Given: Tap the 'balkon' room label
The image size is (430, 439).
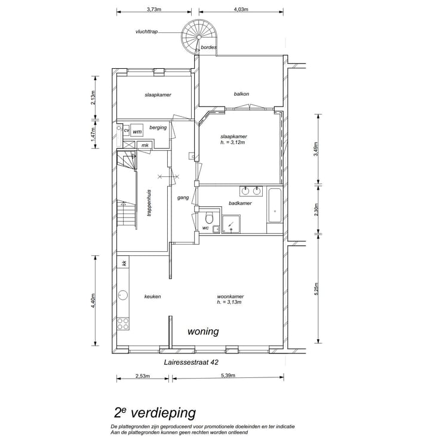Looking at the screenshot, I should (241, 94).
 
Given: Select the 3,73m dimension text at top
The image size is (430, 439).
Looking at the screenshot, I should (154, 9).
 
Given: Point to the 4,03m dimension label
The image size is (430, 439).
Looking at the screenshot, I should (240, 9).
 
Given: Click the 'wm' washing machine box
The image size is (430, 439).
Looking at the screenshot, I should (137, 131).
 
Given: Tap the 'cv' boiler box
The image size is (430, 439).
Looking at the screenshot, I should (127, 130).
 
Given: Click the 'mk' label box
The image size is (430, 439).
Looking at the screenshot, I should (145, 145).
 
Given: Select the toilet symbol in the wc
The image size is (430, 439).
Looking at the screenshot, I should (208, 216).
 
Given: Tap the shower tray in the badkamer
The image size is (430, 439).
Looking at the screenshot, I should (231, 225).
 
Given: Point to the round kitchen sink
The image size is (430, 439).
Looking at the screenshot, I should (124, 295).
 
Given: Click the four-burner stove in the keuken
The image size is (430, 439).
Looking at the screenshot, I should (123, 324).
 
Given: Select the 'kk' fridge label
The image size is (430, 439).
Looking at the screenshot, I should (124, 263).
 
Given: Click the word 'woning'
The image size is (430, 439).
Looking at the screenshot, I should (203, 332).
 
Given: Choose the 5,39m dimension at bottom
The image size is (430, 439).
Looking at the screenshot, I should (228, 376).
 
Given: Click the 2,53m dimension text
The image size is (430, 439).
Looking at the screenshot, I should (143, 376).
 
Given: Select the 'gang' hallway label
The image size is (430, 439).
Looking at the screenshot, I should (183, 197).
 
